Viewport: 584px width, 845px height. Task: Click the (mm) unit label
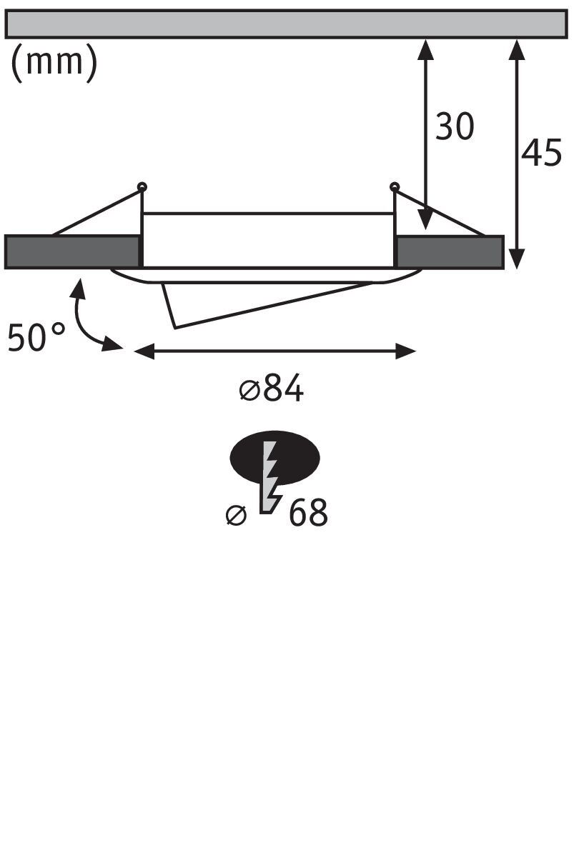(x=54, y=64)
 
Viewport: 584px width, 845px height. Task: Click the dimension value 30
(x=455, y=127)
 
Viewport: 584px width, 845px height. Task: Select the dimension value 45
(x=541, y=153)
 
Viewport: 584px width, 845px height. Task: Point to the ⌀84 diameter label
(x=272, y=390)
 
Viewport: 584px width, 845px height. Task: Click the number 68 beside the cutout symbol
(x=308, y=513)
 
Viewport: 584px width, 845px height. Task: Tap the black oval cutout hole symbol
(x=274, y=457)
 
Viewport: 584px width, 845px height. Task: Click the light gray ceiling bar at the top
(x=286, y=24)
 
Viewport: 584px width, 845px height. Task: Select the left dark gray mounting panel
(x=71, y=251)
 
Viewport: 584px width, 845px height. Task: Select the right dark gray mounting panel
(x=450, y=251)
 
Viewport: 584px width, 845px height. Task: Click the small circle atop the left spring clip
(x=142, y=187)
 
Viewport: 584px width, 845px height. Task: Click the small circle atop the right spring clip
(x=394, y=187)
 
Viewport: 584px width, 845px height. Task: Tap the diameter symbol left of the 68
(x=236, y=514)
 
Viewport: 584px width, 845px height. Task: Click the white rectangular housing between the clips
(x=268, y=240)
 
